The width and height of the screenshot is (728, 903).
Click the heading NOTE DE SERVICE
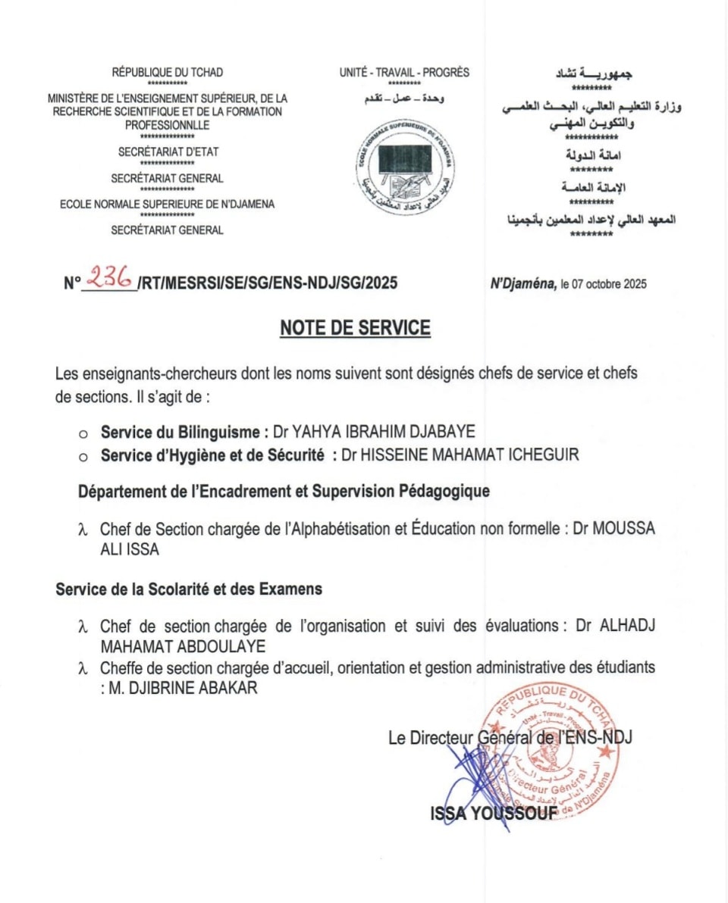[355, 328]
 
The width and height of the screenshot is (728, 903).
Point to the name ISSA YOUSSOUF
[494, 813]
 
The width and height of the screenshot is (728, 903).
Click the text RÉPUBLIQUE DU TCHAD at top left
[168, 73]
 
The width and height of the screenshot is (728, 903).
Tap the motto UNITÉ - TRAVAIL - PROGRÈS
[404, 73]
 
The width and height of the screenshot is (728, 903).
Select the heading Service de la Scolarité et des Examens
[189, 589]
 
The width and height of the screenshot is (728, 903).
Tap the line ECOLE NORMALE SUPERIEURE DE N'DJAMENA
[168, 204]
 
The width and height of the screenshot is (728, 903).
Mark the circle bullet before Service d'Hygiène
[84, 457]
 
